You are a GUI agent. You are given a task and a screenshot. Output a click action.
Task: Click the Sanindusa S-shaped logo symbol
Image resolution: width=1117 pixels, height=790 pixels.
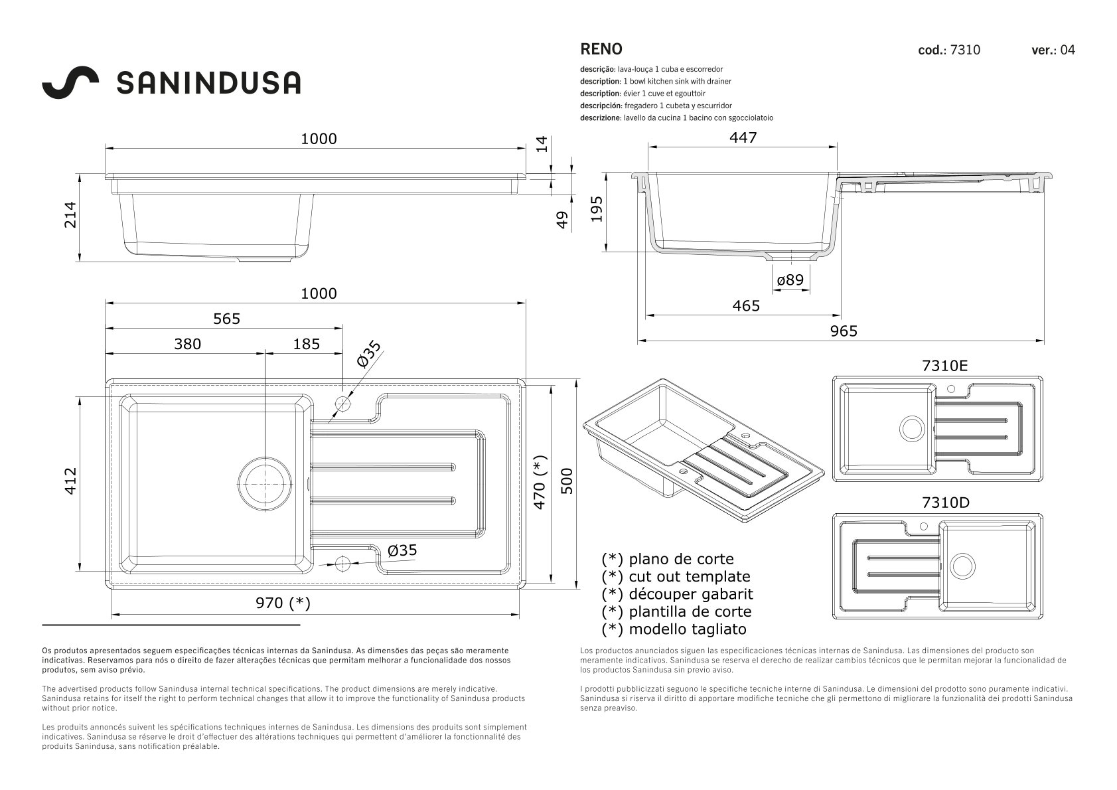coord(70,82)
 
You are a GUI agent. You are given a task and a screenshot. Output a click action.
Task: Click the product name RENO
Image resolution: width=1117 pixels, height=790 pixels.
coord(601,49)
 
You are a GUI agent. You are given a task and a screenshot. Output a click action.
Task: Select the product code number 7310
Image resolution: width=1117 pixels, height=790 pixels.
coord(965,50)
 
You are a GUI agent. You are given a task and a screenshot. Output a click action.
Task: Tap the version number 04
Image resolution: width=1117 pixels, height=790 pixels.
coord(1068,50)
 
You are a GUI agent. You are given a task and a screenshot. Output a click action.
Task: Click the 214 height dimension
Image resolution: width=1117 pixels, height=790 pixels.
coord(70,214)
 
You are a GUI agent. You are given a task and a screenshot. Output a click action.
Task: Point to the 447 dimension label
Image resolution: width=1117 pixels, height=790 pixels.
coord(743,137)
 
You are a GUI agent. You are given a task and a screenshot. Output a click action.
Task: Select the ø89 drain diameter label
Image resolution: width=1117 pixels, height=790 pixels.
coord(790,279)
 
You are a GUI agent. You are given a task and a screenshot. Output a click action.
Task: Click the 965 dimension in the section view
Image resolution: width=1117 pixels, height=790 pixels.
coord(844,331)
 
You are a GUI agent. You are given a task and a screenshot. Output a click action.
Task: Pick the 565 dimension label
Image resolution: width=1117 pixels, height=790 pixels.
coord(226,318)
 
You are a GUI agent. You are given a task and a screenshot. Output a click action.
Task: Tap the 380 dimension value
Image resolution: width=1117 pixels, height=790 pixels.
coord(188,344)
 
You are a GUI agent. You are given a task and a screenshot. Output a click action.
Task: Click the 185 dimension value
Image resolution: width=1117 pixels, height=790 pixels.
coord(306,344)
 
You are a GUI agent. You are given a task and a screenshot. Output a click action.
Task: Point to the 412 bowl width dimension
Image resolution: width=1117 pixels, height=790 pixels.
coord(70,481)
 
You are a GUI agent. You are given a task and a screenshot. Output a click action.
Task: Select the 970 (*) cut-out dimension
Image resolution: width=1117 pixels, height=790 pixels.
coord(283,603)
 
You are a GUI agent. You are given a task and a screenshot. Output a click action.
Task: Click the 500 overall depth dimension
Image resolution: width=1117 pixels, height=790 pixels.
coord(567,481)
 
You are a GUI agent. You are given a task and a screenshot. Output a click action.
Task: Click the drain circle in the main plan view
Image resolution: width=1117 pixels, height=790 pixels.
coord(265,484)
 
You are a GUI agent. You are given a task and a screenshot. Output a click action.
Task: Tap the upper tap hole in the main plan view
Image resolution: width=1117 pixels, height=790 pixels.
coord(342,403)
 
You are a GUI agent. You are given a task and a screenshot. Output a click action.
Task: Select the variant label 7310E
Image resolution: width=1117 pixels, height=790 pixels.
coord(945,366)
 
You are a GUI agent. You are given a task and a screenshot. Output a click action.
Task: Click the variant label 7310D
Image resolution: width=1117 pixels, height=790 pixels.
coord(946,503)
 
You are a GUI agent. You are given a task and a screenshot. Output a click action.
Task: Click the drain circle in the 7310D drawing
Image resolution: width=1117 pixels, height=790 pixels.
coord(962,566)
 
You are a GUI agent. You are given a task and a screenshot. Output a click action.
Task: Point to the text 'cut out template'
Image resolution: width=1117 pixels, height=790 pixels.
coord(689,576)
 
